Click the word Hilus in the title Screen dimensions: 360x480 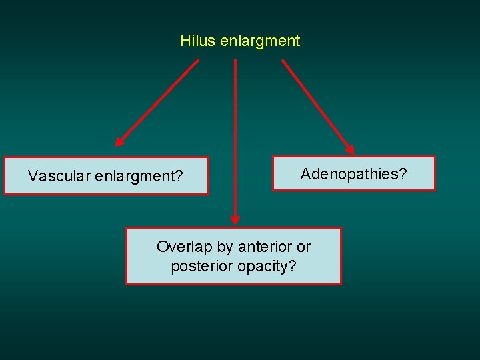195,41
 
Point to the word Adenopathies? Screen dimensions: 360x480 353,175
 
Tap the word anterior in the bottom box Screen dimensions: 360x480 266,247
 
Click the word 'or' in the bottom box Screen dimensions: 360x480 304,247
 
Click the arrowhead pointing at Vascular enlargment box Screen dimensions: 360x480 119,141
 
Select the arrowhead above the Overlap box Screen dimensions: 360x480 235,220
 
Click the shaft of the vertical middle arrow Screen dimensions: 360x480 235,133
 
